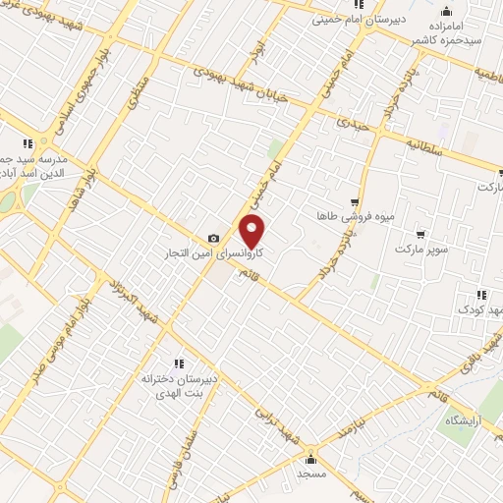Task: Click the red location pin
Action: (252, 232)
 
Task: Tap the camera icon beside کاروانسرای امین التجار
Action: (213, 239)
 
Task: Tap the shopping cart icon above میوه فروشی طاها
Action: (355, 200)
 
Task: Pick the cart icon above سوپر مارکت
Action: (420, 234)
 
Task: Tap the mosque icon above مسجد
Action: (311, 458)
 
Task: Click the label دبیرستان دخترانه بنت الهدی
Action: (178, 386)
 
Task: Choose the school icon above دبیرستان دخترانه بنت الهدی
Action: (178, 363)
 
